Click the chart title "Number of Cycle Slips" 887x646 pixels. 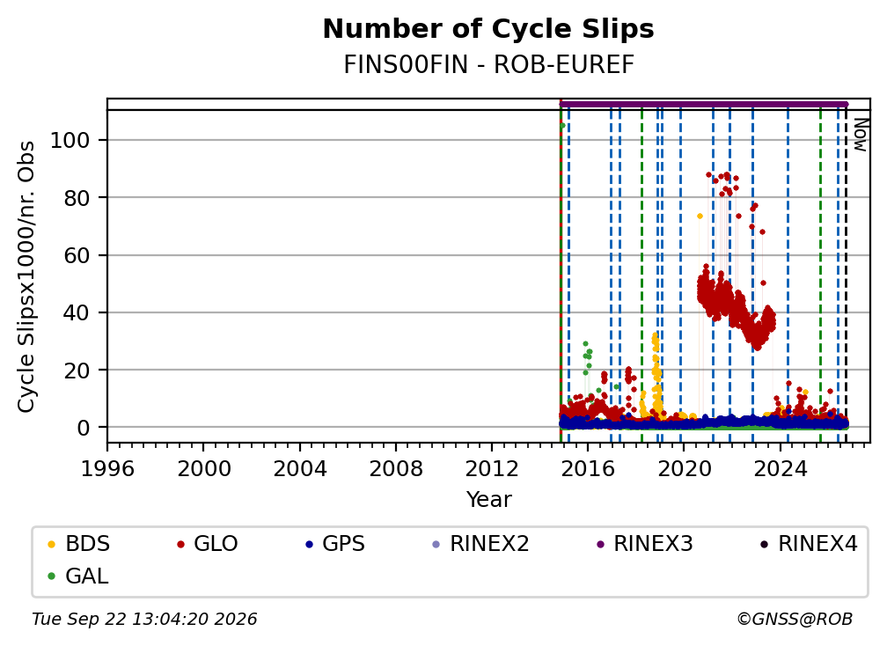point(488,29)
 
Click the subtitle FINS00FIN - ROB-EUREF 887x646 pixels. point(488,65)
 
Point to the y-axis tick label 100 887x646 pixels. point(70,140)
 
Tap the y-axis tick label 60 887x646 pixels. point(77,255)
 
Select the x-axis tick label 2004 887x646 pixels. point(300,469)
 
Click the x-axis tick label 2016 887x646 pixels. point(588,469)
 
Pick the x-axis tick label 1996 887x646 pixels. point(107,469)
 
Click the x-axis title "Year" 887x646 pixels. point(488,500)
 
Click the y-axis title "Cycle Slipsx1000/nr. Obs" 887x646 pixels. point(26,276)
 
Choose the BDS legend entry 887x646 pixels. point(79,544)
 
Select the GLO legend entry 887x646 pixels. point(208,544)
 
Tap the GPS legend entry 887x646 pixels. point(335,544)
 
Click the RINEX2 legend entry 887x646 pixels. point(480,544)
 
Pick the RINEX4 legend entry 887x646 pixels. point(809,544)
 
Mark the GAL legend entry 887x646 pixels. point(78,576)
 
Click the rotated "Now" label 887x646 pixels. point(860,135)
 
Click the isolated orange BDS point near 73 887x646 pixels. point(700,217)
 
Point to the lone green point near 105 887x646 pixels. point(562,126)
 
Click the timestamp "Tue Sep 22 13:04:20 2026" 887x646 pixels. point(144,619)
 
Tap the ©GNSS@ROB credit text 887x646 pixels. point(795,619)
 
